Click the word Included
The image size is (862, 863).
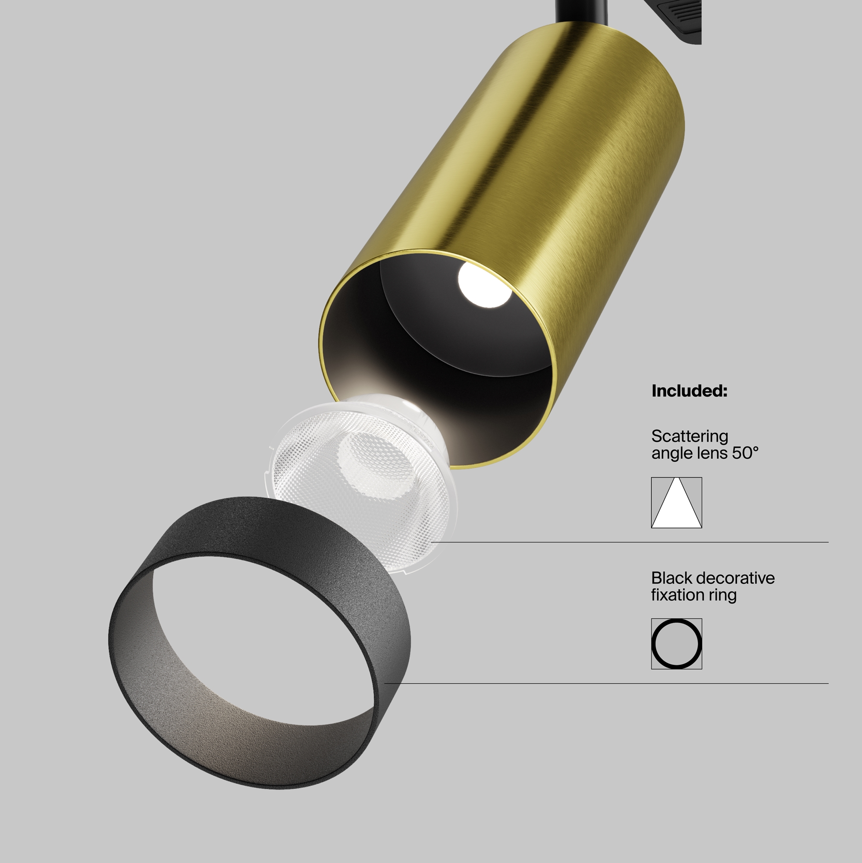689,391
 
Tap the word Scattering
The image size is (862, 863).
689,436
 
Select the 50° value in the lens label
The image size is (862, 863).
745,453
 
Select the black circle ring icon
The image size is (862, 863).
676,644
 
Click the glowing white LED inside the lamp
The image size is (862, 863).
484,284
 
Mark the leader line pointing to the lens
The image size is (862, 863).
625,542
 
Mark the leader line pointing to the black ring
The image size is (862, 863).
603,683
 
